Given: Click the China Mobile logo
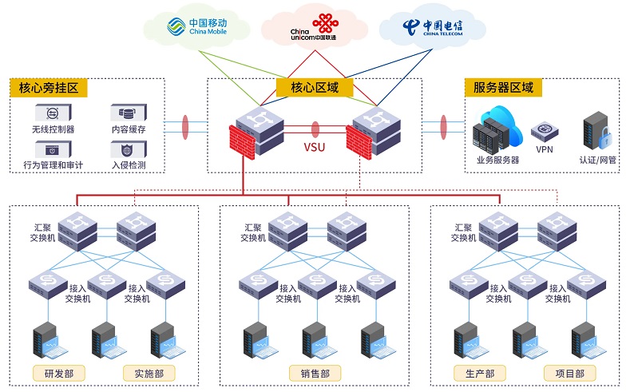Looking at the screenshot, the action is point(196,26).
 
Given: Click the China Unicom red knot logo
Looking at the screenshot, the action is point(326,24).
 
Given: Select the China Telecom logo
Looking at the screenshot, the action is point(433,27).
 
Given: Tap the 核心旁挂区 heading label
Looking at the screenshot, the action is point(48,88).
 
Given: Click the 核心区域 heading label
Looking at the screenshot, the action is point(315,88).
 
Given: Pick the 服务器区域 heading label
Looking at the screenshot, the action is point(503,88).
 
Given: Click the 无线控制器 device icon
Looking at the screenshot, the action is point(53,113).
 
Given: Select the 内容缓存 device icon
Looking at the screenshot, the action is point(129,113).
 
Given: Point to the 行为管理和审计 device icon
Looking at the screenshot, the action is point(53,150).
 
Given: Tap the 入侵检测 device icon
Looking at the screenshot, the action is point(129,150).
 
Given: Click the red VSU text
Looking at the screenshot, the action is point(315,147).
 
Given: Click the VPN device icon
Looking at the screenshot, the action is point(545,132).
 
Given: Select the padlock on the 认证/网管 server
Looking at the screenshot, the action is point(605,137).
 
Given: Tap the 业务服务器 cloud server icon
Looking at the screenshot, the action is point(497,129).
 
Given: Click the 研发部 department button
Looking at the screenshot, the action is point(59,374).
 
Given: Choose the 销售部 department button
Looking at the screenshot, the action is point(315,374).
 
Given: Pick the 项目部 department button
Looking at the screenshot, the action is point(570,374).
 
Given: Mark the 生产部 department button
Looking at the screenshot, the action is point(480,374).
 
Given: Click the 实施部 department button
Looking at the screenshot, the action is point(149,374).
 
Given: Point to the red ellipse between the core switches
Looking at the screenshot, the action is point(315,129).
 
